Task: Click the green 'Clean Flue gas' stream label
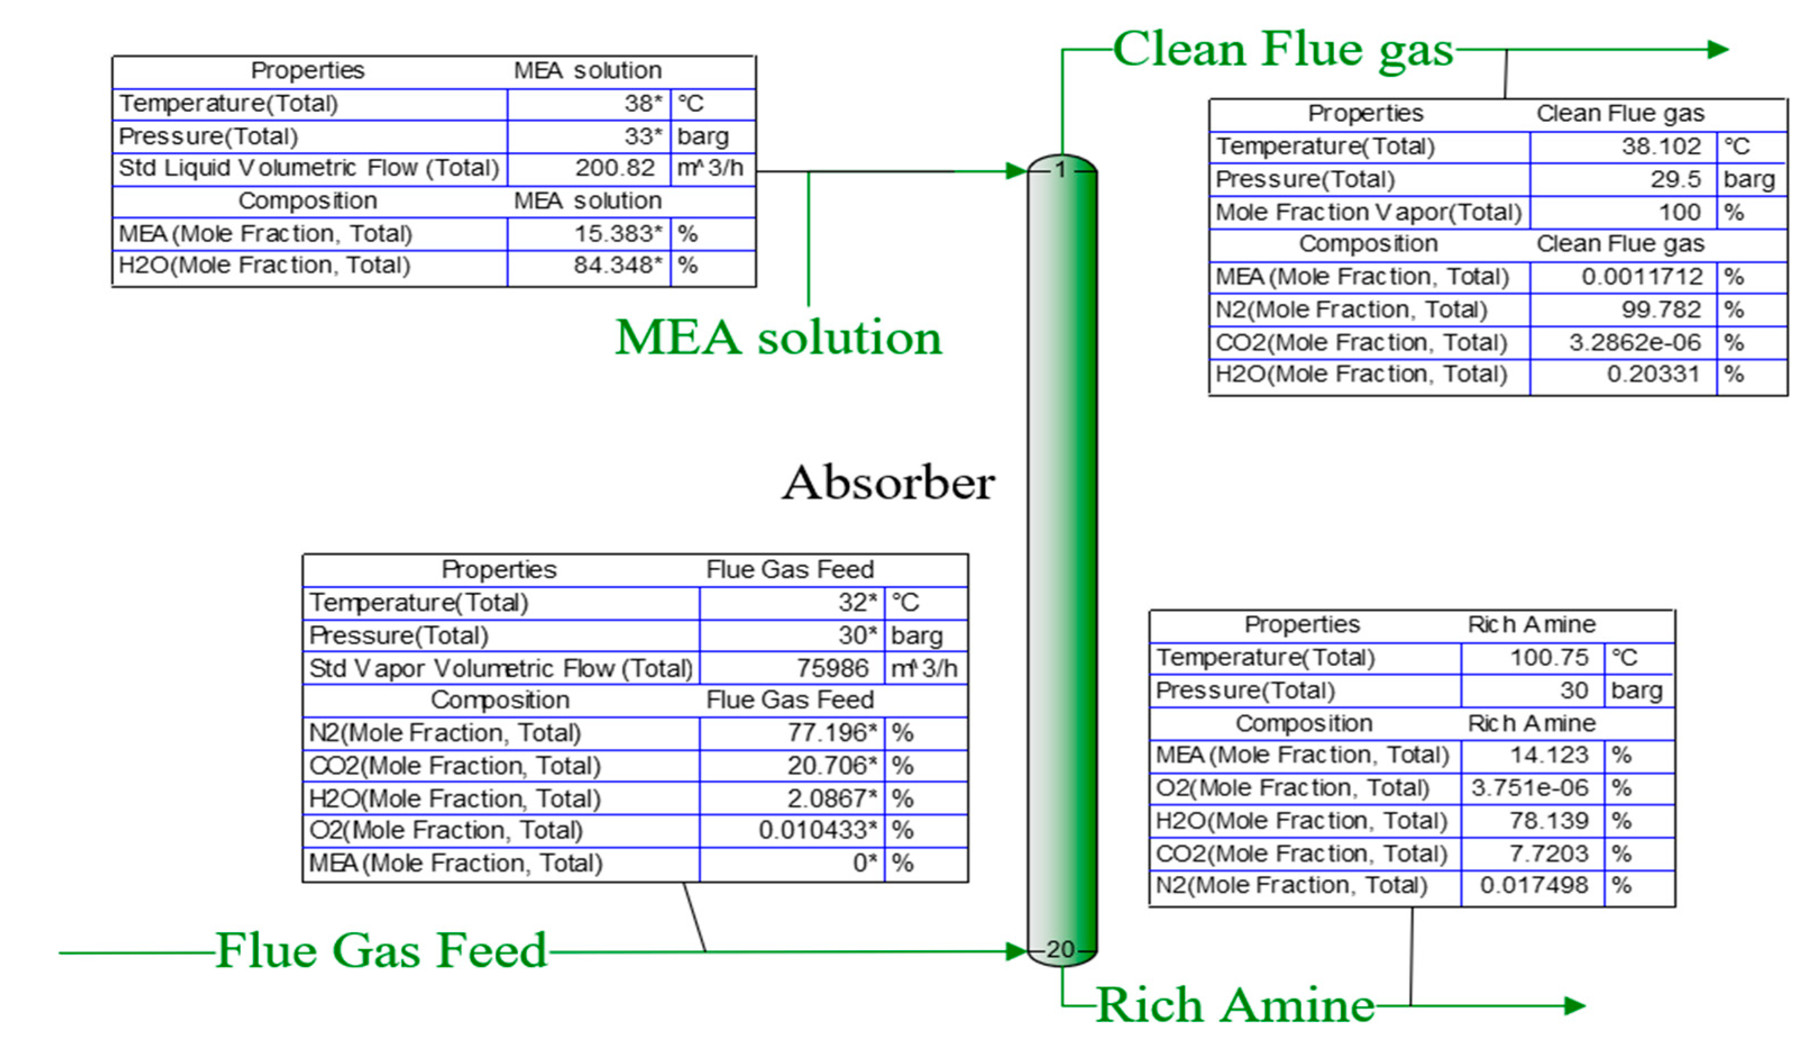pos(1282,51)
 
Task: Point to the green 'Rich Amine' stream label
pos(1235,1005)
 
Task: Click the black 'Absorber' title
pos(888,483)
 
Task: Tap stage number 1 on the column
pos(1060,170)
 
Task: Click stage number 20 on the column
pos(1060,950)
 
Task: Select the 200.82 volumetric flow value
pos(614,168)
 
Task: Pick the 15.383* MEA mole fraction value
pos(617,233)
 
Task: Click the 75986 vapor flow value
pos(832,668)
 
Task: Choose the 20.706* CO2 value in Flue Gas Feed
pos(832,766)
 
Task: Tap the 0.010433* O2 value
pos(818,831)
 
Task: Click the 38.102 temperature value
pos(1660,146)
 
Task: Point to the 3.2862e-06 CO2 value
pos(1634,342)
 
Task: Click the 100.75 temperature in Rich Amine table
pos(1549,658)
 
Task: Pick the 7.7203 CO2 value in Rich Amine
pos(1549,854)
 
